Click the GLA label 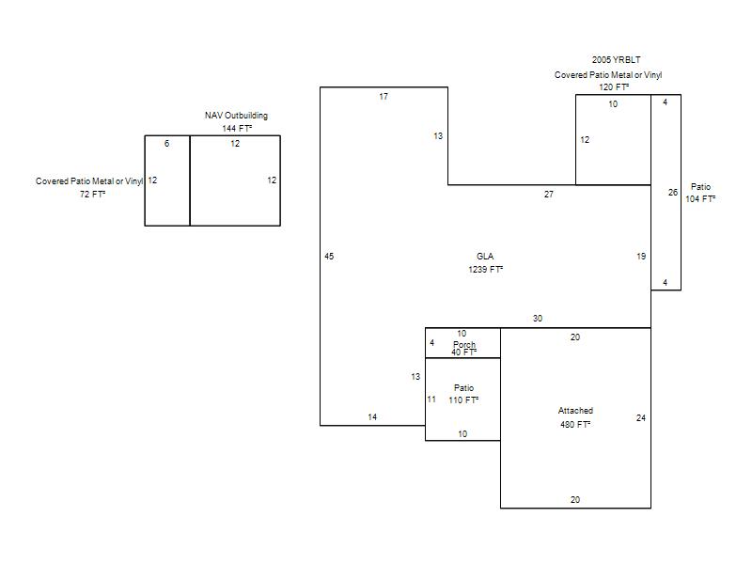pos(485,256)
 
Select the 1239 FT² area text pos(485,270)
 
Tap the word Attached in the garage pos(575,411)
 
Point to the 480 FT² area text pos(575,425)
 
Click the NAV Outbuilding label pos(236,115)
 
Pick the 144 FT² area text pos(237,128)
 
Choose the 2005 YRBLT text pos(616,59)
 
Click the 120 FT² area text pos(614,86)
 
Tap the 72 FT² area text pos(92,195)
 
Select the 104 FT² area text pos(700,199)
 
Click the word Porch pos(464,344)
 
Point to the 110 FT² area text pos(463,400)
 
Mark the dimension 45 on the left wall pos(329,256)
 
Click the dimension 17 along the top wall pos(384,97)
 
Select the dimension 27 pos(549,195)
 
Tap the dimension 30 pos(537,319)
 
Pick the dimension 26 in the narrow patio pos(673,193)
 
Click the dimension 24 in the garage pos(641,418)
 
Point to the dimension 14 pos(372,417)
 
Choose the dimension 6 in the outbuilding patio pos(166,144)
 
